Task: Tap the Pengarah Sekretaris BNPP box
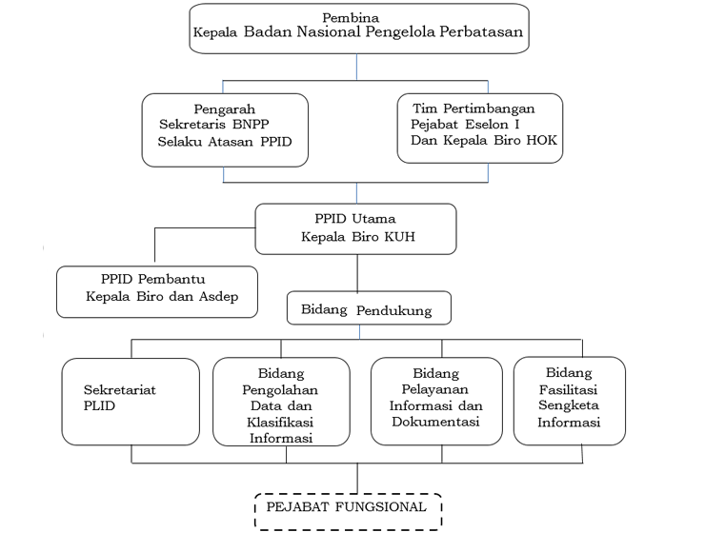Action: [225, 128]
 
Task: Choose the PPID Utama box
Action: [357, 228]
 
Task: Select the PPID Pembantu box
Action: [157, 291]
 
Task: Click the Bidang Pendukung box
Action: [368, 310]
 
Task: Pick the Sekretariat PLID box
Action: [130, 402]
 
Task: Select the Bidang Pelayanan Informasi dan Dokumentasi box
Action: [436, 401]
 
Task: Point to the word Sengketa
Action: [569, 405]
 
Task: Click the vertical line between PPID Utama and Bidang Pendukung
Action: [357, 274]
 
